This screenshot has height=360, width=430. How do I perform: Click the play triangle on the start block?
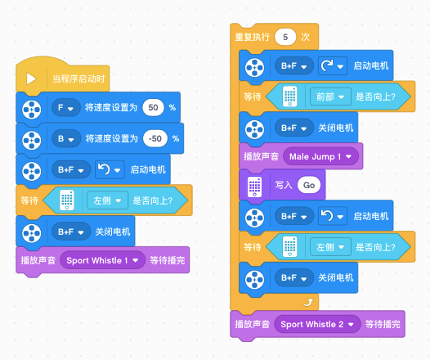[31, 79]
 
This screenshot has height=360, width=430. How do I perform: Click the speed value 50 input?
[153, 107]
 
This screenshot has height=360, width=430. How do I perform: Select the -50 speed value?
[155, 138]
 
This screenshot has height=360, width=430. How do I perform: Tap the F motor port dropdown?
[66, 107]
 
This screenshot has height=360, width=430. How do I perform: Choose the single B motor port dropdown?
[66, 138]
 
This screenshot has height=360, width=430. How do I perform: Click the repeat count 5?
[285, 37]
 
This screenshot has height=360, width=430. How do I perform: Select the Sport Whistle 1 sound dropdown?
[102, 260]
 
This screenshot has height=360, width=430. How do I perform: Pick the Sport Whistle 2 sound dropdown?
[317, 324]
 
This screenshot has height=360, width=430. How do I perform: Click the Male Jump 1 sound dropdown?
[320, 156]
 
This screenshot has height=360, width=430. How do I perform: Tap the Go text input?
[309, 185]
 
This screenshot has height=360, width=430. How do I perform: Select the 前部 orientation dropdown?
[330, 97]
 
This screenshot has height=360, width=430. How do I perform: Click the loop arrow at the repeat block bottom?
[308, 302]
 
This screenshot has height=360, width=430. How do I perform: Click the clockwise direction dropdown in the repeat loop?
[333, 65]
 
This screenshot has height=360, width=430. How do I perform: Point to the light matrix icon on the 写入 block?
[254, 187]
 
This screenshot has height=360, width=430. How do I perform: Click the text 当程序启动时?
[78, 79]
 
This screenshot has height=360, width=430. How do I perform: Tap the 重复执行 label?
[253, 37]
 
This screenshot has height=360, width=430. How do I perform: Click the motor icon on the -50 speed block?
[32, 140]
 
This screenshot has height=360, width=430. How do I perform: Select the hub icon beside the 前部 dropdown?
[290, 97]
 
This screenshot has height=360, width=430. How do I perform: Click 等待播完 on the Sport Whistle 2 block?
[383, 324]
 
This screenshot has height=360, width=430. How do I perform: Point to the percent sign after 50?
[172, 107]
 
